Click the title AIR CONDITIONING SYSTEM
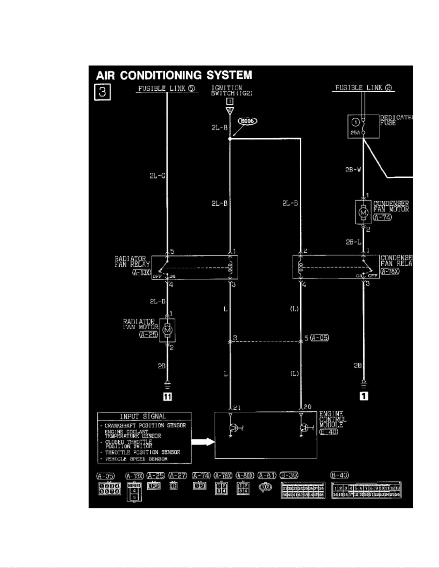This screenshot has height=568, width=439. [x=174, y=75]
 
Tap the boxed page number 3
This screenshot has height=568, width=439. [x=102, y=92]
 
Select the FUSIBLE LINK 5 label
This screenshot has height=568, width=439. [x=167, y=88]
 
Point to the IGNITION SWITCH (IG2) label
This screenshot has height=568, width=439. [x=227, y=90]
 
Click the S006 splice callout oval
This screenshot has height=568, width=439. [x=248, y=121]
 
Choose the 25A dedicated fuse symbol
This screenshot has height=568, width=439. [x=363, y=127]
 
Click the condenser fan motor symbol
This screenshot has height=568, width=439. [x=363, y=212]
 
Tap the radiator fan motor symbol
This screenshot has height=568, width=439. [x=167, y=330]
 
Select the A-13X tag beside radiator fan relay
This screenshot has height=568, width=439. [x=141, y=272]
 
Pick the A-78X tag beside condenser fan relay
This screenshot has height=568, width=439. [x=390, y=271]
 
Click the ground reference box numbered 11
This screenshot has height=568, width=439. [x=167, y=396]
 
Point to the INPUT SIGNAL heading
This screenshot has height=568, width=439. [x=143, y=416]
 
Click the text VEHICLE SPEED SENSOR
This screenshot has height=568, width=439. [x=136, y=459]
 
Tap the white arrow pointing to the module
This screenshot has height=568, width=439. [x=203, y=441]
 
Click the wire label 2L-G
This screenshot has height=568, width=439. [x=157, y=176]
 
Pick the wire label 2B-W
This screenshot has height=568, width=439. [x=353, y=170]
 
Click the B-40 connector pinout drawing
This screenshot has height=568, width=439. [x=366, y=490]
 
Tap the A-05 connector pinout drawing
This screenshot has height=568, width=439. [x=109, y=489]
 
